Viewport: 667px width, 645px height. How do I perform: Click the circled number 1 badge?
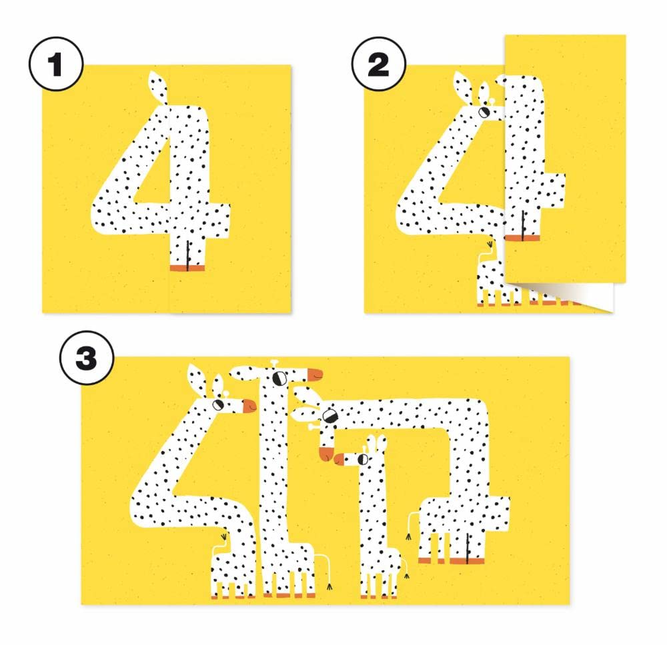point(56,64)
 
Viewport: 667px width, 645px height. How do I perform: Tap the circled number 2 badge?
point(378,64)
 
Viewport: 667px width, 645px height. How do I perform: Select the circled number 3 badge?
point(87,358)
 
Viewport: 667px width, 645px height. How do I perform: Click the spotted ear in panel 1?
point(157,87)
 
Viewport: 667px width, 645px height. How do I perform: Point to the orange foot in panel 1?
point(187,268)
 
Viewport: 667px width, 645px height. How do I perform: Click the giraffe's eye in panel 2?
point(484,112)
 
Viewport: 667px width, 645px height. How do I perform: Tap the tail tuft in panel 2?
point(490,245)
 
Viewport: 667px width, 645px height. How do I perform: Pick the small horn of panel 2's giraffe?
point(492,102)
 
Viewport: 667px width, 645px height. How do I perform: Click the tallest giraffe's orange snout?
point(315,374)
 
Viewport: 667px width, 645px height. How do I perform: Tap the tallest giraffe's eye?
point(279,378)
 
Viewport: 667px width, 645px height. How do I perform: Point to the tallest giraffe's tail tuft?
point(329,587)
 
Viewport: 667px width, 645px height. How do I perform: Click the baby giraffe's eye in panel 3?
point(363,459)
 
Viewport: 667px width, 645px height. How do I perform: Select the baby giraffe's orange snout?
point(339,459)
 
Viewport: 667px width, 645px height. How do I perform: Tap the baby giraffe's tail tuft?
point(407,576)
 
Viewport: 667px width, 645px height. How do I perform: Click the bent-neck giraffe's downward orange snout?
point(326,454)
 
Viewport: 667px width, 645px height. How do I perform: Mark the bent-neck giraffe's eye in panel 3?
point(328,415)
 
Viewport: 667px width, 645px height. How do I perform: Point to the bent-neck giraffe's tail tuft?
point(408,536)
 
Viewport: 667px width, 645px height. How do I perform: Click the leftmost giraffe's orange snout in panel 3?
point(249,406)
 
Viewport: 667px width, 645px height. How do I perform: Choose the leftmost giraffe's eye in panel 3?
point(218,404)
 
